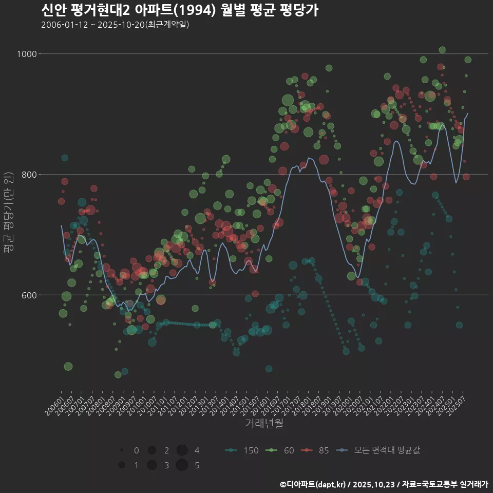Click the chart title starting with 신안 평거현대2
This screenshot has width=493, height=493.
[x=180, y=10]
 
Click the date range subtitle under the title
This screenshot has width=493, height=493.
[x=115, y=25]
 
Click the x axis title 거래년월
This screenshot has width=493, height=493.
[x=264, y=423]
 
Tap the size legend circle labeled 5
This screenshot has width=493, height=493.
[x=181, y=465]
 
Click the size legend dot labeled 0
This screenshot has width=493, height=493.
[x=122, y=450]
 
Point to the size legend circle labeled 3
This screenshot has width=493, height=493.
[x=151, y=465]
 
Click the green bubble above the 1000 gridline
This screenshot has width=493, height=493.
[x=442, y=50]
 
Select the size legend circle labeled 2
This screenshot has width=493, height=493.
[x=151, y=450]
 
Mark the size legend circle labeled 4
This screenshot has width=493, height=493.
[x=181, y=450]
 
